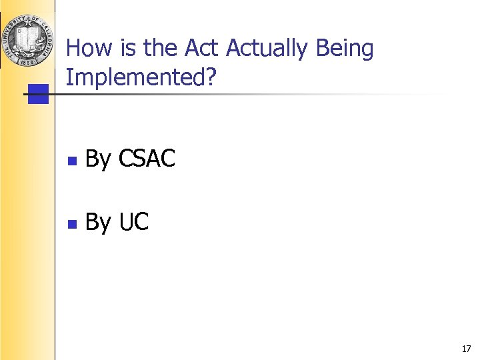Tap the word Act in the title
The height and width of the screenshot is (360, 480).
[x=202, y=49]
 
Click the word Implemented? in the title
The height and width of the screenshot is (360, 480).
[x=141, y=78]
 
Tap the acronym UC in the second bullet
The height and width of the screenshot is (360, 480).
[x=133, y=222]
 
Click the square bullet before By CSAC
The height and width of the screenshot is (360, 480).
[x=73, y=161]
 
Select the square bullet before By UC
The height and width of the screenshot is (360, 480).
[x=73, y=223]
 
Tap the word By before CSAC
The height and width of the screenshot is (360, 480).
[x=99, y=159]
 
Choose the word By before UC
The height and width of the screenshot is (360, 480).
[x=99, y=223]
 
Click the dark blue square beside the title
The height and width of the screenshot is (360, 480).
[x=39, y=94]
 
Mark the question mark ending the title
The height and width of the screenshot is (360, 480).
[x=211, y=78]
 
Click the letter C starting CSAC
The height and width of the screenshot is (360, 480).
[x=125, y=159]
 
